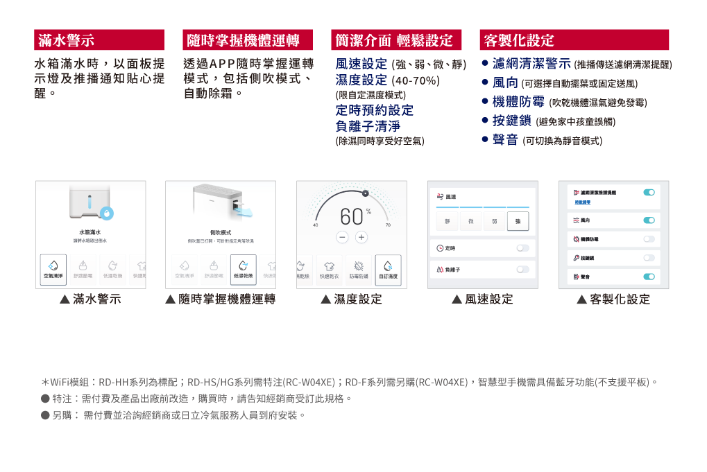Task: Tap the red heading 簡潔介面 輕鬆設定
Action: pyautogui.click(x=394, y=40)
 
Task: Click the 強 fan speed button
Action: pyautogui.click(x=518, y=221)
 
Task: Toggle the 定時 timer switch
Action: pyautogui.click(x=522, y=248)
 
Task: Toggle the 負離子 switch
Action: pyautogui.click(x=522, y=269)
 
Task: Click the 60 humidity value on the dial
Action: pyautogui.click(x=352, y=217)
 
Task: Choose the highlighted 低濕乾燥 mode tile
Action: pyautogui.click(x=243, y=269)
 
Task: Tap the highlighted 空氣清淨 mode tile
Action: pyautogui.click(x=53, y=269)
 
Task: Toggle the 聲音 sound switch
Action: pyautogui.click(x=649, y=277)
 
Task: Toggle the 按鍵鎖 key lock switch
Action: pyautogui.click(x=649, y=258)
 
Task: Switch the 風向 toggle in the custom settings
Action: pyautogui.click(x=649, y=220)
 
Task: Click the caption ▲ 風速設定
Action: pyautogui.click(x=483, y=299)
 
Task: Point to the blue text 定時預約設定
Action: pyautogui.click(x=374, y=110)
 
